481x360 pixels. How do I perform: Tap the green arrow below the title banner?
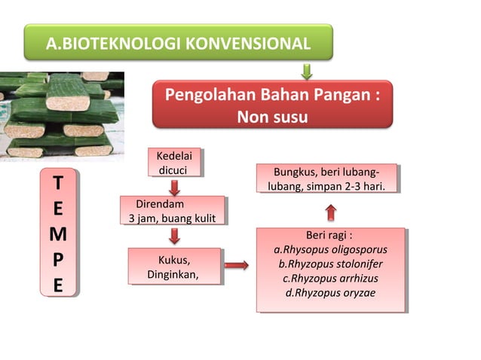[306, 72]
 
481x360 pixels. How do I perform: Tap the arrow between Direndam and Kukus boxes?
[175, 236]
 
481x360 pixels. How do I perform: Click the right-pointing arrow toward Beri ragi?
[237, 265]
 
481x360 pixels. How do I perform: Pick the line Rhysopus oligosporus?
[330, 249]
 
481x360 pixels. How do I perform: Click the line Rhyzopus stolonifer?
[330, 264]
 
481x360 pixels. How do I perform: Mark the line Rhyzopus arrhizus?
[330, 278]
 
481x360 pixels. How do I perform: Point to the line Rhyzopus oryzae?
[330, 292]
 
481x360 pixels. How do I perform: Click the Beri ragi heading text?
[329, 234]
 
